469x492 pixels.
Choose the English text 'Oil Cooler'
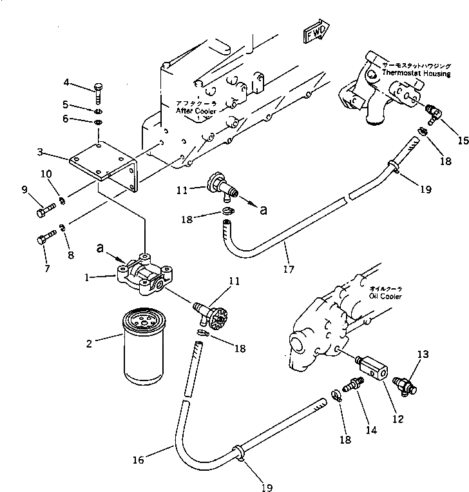[x=386, y=297]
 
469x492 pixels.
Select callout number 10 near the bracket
[x=46, y=173]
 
